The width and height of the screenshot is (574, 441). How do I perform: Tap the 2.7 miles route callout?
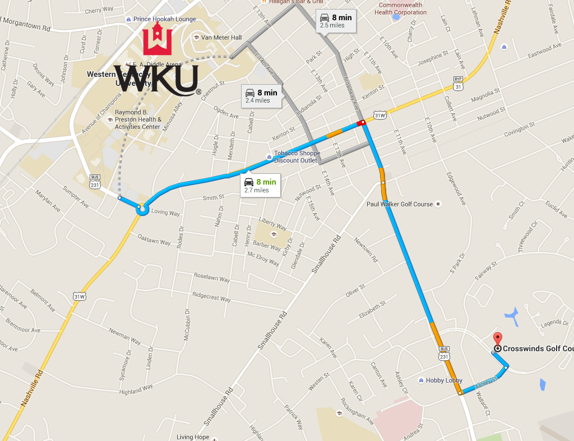click(260, 185)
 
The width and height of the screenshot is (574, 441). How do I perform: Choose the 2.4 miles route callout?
click(261, 96)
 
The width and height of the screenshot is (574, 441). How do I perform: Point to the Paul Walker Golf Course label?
click(399, 204)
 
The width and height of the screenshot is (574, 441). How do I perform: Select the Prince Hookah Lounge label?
click(164, 19)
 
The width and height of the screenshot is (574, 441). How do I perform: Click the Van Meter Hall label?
click(221, 38)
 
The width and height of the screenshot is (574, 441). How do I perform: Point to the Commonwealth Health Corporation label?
click(400, 8)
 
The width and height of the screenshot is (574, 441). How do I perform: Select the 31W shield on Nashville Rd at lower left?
click(79, 296)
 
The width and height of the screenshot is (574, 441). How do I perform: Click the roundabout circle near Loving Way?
click(141, 210)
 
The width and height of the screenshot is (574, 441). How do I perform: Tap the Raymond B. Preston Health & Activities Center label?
click(138, 119)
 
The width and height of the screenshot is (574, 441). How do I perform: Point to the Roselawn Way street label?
click(212, 278)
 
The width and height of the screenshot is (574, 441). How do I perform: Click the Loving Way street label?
click(165, 213)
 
